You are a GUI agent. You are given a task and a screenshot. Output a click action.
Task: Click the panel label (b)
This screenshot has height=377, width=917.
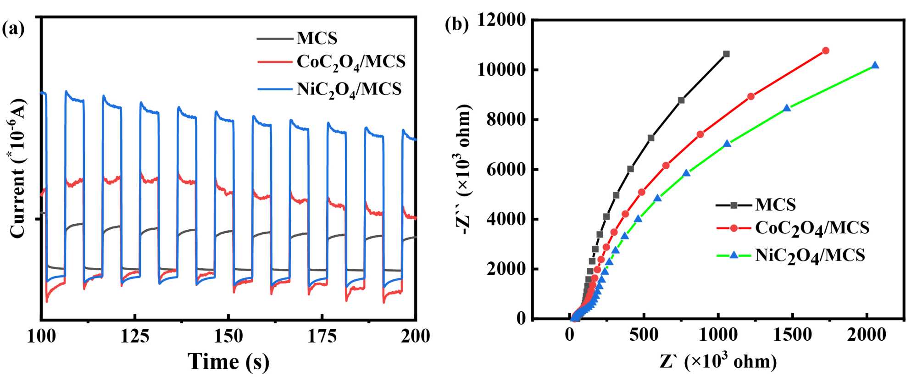(457, 25)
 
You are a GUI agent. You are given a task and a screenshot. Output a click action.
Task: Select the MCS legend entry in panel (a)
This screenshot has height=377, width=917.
(317, 38)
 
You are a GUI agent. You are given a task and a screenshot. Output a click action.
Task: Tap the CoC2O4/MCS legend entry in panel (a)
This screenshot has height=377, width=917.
(351, 62)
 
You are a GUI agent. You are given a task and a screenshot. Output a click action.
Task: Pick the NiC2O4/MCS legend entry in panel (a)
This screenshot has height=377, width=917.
(349, 89)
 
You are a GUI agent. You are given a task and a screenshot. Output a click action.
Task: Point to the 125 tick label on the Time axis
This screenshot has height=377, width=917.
(135, 337)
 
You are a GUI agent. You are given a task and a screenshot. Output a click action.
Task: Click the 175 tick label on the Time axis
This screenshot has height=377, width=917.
(322, 337)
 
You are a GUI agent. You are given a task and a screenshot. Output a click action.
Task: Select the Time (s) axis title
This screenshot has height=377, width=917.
(228, 361)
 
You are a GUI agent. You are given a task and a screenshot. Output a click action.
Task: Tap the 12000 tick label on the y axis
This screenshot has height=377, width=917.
(501, 20)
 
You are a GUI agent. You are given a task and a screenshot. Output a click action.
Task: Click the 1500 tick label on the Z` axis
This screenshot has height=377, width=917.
(792, 335)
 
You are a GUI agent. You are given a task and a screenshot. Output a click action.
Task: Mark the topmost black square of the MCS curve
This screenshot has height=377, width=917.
(726, 54)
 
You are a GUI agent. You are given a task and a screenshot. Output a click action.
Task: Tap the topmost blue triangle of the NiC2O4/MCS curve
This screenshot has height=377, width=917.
(875, 66)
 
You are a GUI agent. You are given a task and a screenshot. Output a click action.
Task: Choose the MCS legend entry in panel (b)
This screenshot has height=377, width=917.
(775, 205)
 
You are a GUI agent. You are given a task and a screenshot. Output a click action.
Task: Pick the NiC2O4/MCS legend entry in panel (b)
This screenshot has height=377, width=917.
(810, 255)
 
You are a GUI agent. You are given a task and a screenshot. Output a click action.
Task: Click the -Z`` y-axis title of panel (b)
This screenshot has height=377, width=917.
(464, 169)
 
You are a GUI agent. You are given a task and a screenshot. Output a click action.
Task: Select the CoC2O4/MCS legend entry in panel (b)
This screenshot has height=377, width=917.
(812, 228)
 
